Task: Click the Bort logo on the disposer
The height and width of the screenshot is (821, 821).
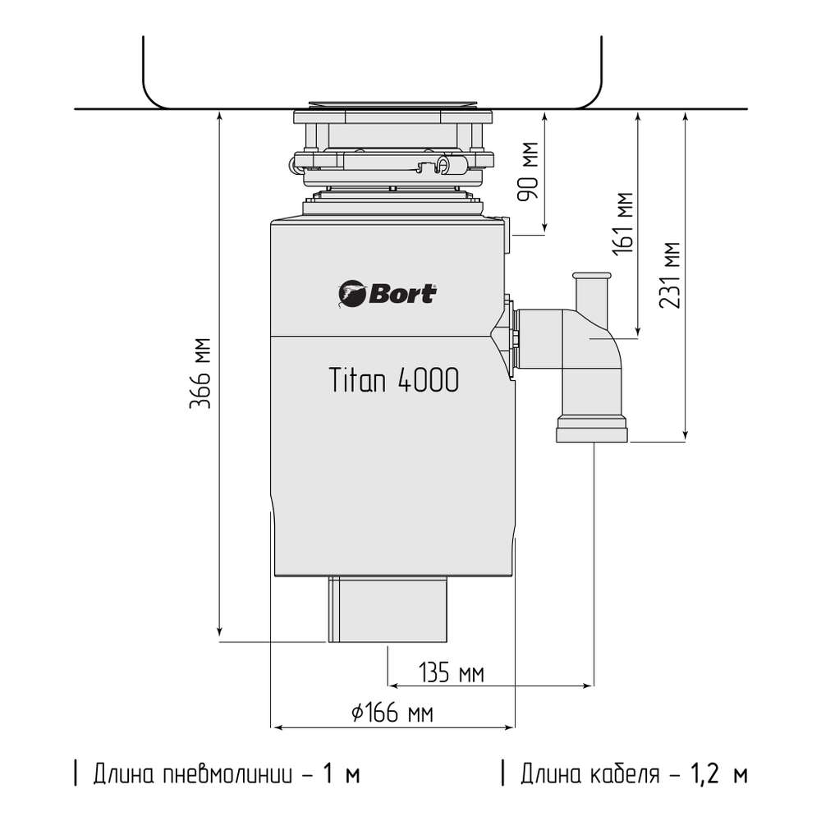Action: click(387, 293)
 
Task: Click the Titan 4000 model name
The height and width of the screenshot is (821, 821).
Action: click(394, 380)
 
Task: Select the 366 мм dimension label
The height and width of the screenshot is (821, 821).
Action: click(202, 374)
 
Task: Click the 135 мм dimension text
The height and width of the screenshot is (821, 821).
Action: click(451, 674)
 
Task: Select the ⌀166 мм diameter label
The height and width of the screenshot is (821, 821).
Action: click(392, 713)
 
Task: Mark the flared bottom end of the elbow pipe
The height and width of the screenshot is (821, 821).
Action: click(593, 430)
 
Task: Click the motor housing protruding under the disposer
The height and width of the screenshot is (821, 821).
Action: click(388, 609)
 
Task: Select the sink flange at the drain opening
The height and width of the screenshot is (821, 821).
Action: click(392, 107)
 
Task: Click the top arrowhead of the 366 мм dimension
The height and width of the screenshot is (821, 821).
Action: click(219, 116)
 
